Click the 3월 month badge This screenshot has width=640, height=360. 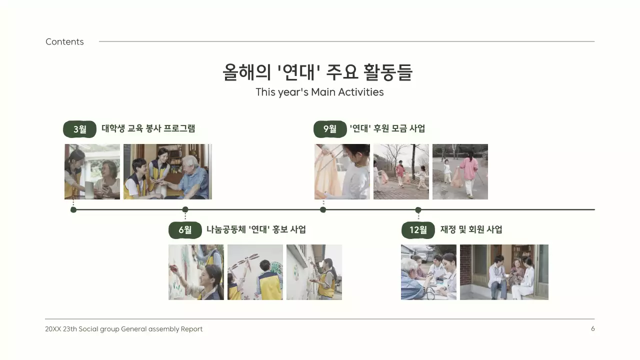pyautogui.click(x=79, y=129)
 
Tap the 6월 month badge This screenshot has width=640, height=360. pyautogui.click(x=185, y=230)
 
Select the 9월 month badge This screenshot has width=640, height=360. pyautogui.click(x=330, y=129)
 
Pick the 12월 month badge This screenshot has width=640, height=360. pyautogui.click(x=418, y=230)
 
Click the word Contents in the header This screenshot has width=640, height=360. pyautogui.click(x=64, y=42)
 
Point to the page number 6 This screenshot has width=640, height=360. pyautogui.click(x=593, y=328)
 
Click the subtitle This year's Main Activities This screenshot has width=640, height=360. pyautogui.click(x=319, y=92)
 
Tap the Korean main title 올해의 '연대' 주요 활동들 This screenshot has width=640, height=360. pyautogui.click(x=317, y=72)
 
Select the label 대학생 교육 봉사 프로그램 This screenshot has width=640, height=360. pyautogui.click(x=148, y=128)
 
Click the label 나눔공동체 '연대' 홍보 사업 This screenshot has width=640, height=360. pyautogui.click(x=256, y=229)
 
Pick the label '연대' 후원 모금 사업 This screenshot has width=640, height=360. pyautogui.click(x=387, y=128)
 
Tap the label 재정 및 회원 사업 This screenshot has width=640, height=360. pyautogui.click(x=471, y=229)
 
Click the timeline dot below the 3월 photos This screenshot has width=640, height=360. pyautogui.click(x=73, y=209)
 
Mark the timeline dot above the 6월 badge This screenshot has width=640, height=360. pyautogui.click(x=185, y=209)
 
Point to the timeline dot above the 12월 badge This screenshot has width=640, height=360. pyautogui.click(x=418, y=210)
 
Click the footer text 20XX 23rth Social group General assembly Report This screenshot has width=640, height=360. pyautogui.click(x=123, y=329)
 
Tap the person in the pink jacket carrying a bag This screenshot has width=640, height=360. pyautogui.click(x=469, y=172)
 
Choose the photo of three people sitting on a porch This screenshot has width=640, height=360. pyautogui.click(x=504, y=272)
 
